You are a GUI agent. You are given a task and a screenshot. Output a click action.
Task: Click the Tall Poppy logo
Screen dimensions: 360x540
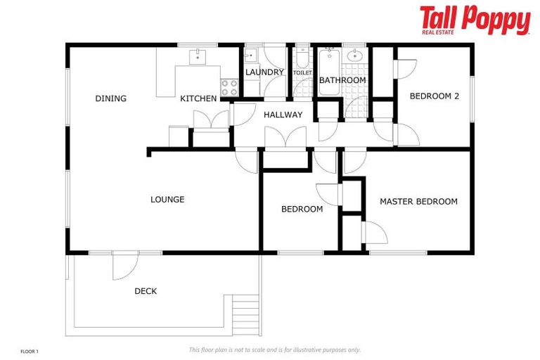click(475, 20)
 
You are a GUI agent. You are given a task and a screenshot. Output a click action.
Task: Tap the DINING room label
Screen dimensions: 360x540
click(110, 98)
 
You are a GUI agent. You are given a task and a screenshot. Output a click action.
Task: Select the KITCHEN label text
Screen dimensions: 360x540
click(198, 98)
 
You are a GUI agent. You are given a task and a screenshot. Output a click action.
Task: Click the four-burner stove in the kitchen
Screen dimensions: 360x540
click(230, 87)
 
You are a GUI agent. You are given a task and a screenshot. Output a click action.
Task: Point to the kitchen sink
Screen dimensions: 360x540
click(198, 56)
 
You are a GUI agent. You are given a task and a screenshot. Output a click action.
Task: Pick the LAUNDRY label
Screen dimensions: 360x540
click(264, 72)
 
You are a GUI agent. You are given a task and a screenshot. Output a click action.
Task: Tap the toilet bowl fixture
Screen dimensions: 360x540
click(302, 56)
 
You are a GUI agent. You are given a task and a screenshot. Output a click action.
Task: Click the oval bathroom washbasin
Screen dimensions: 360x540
click(356, 56)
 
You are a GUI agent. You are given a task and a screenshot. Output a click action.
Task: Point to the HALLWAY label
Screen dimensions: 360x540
click(283, 115)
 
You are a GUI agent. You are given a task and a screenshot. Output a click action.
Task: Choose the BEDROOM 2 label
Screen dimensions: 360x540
click(434, 96)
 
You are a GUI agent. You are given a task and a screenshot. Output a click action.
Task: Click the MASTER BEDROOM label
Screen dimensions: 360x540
click(418, 201)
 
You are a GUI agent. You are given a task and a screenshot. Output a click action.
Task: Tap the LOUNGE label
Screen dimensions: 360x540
click(167, 200)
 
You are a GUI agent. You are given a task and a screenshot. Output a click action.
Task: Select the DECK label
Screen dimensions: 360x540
click(146, 291)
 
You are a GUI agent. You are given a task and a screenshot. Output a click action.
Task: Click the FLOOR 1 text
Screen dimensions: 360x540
click(30, 350)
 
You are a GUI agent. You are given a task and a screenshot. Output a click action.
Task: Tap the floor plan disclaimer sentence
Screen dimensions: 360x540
click(274, 349)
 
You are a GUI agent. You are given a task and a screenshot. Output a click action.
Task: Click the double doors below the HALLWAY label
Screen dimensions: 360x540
click(285, 138)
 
